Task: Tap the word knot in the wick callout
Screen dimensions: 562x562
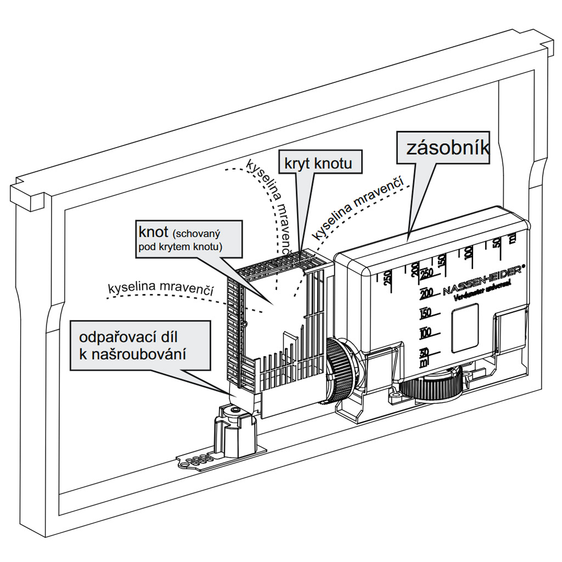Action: pos(153,231)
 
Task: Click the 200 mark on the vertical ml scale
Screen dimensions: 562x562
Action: pos(426,293)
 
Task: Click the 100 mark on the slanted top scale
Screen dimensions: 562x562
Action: pos(468,252)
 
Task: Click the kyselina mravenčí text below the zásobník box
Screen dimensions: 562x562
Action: pos(357,207)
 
